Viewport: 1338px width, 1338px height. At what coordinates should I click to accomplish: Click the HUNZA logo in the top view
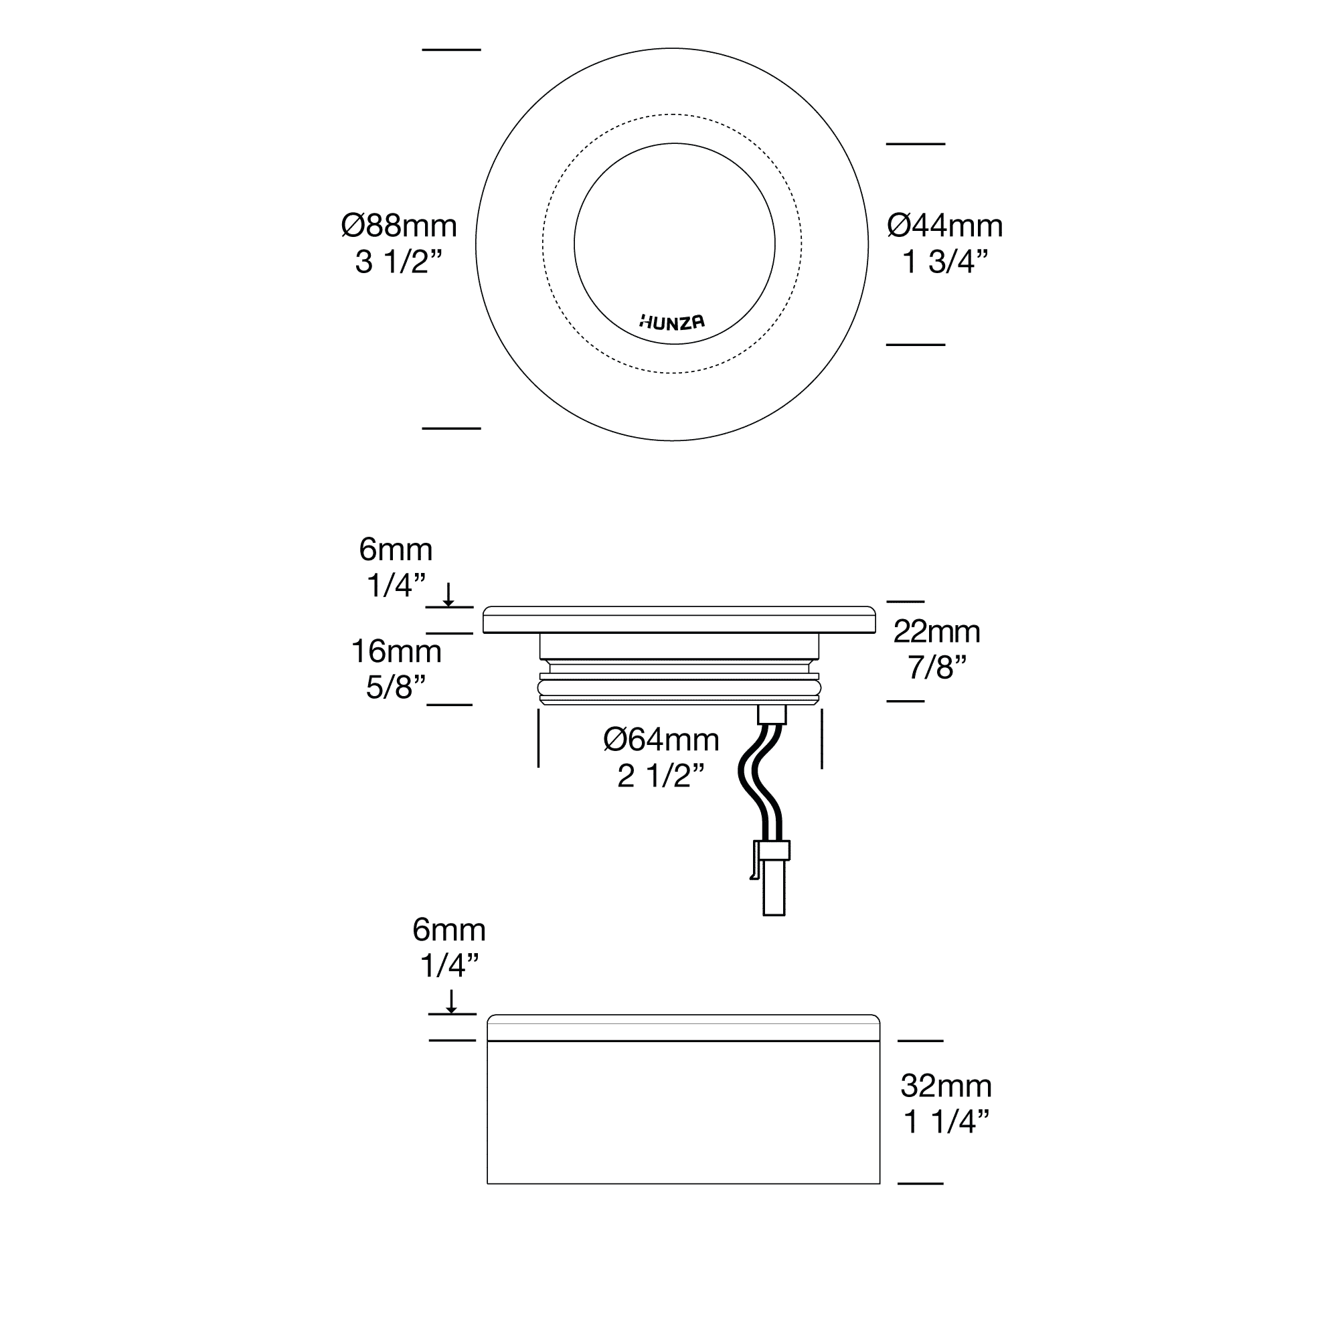coord(672,322)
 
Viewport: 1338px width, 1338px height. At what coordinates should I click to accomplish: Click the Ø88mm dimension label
coord(399,226)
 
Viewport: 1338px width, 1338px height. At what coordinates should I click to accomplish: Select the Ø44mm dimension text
coord(944,226)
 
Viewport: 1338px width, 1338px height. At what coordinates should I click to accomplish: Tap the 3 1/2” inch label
coord(398,262)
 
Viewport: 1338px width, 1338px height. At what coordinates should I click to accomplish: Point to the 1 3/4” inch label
coord(944,262)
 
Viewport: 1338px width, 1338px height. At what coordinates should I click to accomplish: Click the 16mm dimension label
coord(396,651)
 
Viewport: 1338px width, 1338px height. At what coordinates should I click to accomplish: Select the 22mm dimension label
coord(936,632)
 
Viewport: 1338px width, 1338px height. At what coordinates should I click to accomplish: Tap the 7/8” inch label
coord(936,667)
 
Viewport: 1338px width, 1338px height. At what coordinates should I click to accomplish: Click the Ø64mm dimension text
coord(661,740)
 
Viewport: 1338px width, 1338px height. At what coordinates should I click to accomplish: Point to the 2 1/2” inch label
coord(661,776)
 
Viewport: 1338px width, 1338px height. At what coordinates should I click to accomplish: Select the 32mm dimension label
coord(946,1086)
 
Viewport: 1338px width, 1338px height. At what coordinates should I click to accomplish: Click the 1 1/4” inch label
coord(946,1122)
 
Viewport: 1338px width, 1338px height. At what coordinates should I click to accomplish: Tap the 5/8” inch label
coord(396,687)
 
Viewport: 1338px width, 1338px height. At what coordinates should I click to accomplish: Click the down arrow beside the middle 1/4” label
coord(448,595)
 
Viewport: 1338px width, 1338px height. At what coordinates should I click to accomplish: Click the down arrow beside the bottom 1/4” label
coord(451,1001)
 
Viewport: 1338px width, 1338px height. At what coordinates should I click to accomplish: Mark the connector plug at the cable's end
coord(772,877)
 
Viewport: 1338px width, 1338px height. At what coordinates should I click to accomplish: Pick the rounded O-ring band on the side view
coord(679,687)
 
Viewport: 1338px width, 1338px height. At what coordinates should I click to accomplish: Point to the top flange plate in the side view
coord(679,620)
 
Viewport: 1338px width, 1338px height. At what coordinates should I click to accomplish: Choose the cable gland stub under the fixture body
coord(772,714)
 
